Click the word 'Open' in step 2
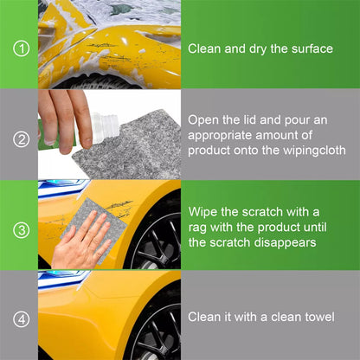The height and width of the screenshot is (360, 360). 205,119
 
